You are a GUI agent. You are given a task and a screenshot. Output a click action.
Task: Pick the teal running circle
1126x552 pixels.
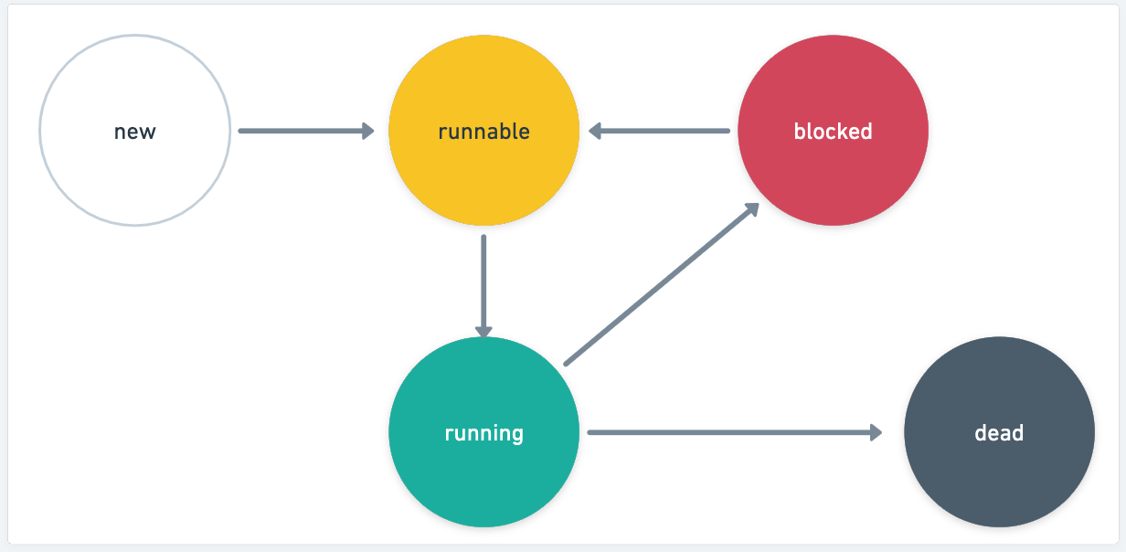click(x=483, y=475)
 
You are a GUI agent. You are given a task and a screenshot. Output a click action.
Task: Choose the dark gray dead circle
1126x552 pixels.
click(x=999, y=475)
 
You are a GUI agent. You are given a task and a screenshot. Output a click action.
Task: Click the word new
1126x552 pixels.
click(x=134, y=132)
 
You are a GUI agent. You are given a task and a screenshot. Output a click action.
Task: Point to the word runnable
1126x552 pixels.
click(x=483, y=132)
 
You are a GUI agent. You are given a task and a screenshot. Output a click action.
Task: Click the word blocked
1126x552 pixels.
click(x=833, y=132)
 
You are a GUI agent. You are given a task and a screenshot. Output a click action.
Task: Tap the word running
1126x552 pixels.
click(x=483, y=432)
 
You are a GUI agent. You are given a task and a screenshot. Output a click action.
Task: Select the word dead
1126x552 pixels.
click(x=999, y=432)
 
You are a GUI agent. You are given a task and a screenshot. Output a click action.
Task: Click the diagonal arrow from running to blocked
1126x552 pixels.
click(x=658, y=286)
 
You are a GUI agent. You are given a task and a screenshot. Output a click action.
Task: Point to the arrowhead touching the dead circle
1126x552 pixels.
click(x=876, y=432)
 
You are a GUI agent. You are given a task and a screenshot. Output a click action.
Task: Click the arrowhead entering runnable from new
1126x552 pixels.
click(x=368, y=131)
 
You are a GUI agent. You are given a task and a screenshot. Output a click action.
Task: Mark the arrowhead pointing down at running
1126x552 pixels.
click(x=483, y=331)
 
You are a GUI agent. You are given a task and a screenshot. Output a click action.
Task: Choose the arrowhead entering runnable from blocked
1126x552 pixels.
click(x=596, y=131)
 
